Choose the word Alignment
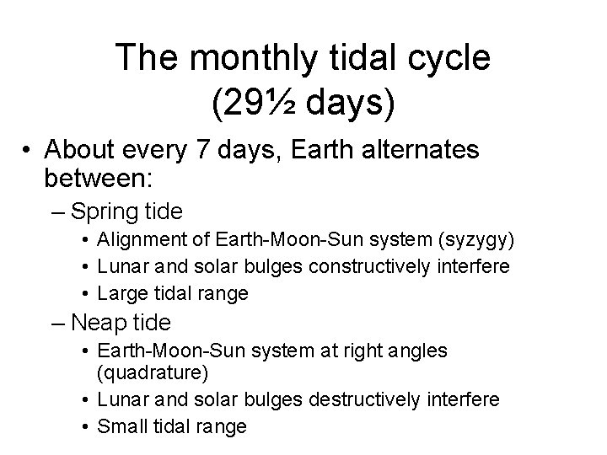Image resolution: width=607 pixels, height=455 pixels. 135,240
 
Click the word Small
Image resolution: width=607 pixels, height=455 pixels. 120,426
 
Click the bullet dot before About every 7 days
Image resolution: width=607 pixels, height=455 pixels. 29,153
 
